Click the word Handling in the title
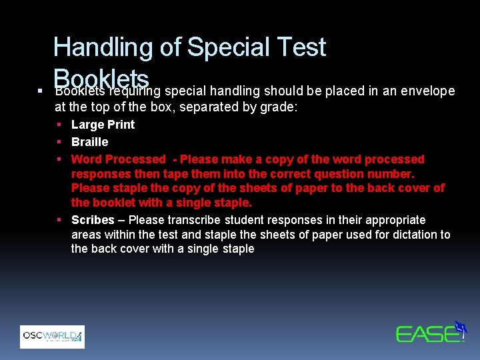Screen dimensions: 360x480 (103, 47)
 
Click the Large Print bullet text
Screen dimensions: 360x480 (103, 125)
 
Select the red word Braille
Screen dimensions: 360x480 (89, 142)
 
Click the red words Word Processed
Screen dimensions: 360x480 (118, 159)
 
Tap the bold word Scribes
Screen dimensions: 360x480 (93, 220)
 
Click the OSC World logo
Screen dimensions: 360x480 (52, 336)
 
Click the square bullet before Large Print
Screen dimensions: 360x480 (59, 125)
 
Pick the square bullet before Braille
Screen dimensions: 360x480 (59, 142)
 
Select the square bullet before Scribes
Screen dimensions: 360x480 (59, 220)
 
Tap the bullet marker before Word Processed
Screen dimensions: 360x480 (59, 159)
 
